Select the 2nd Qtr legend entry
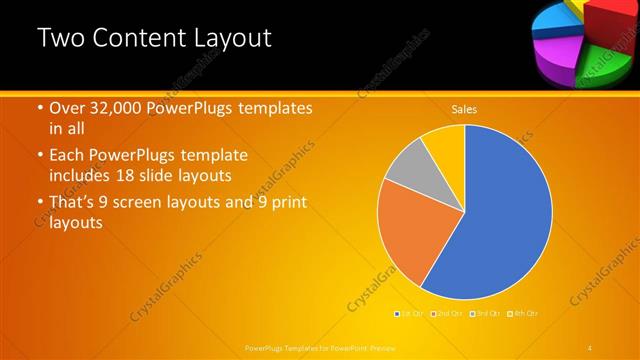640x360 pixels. click(x=449, y=314)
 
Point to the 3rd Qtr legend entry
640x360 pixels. click(x=486, y=314)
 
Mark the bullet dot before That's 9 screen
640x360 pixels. click(x=40, y=204)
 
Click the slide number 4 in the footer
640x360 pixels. click(x=590, y=347)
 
